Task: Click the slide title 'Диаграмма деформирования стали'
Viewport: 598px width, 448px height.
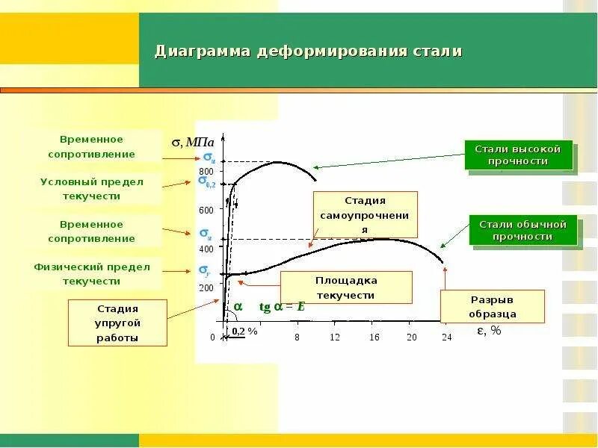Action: pyautogui.click(x=308, y=52)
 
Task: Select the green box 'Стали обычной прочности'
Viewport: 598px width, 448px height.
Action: pyautogui.click(x=523, y=231)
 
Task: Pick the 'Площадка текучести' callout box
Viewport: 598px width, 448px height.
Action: pyautogui.click(x=345, y=288)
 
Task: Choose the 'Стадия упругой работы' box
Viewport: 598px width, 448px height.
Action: pyautogui.click(x=117, y=323)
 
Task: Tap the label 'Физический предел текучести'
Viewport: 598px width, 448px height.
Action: pyautogui.click(x=92, y=274)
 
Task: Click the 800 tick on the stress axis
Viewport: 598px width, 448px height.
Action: pyautogui.click(x=206, y=172)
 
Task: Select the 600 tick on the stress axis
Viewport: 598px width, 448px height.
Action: pyautogui.click(x=206, y=211)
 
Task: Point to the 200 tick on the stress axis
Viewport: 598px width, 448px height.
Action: pyautogui.click(x=206, y=287)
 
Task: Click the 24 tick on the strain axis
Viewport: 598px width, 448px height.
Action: pyautogui.click(x=447, y=337)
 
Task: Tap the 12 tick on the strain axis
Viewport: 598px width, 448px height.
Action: pyautogui.click(x=335, y=337)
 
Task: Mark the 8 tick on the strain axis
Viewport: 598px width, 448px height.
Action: pyautogui.click(x=297, y=337)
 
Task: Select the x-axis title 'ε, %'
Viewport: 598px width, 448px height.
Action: pyautogui.click(x=489, y=331)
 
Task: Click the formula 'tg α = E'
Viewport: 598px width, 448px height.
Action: pyautogui.click(x=283, y=306)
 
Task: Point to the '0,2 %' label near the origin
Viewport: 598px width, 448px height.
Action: pyautogui.click(x=244, y=331)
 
